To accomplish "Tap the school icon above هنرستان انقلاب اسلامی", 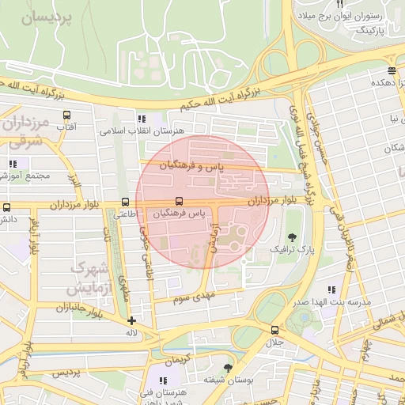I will pyautogui.click(x=142, y=118).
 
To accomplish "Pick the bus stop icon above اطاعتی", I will pyautogui.click(x=125, y=201).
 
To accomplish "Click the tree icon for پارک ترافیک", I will pyautogui.click(x=293, y=237).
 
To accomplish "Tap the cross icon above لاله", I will pyautogui.click(x=131, y=320).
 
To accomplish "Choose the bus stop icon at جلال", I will pyautogui.click(x=274, y=330).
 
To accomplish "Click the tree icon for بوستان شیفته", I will pyautogui.click(x=229, y=368).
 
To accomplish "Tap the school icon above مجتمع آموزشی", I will pyautogui.click(x=13, y=164).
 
